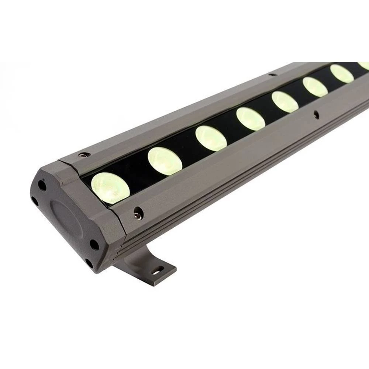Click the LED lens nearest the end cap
pos(110,188)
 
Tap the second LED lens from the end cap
pos(165,161)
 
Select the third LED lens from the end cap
pos(211,138)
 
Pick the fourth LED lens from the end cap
pos(251,118)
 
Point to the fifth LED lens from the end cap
pos(285,101)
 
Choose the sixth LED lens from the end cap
pos(315,87)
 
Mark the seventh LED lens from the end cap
pos(342,73)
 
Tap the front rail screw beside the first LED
pos(138,212)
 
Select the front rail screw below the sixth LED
pos(315,114)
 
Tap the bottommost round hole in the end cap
pos(89,263)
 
